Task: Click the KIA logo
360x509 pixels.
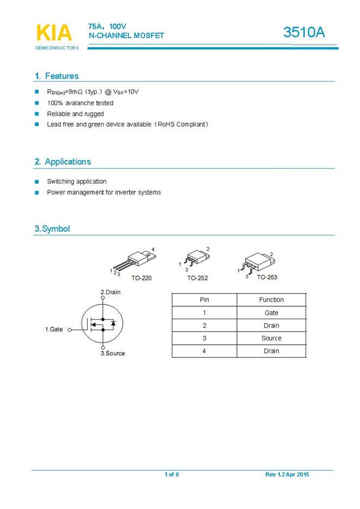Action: click(x=54, y=33)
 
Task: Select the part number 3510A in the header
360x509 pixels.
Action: click(x=304, y=33)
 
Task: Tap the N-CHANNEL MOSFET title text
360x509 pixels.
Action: click(x=126, y=35)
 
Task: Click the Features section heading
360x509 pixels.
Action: click(x=57, y=76)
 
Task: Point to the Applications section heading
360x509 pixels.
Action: click(x=63, y=162)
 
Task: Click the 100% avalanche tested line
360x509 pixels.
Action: click(x=80, y=103)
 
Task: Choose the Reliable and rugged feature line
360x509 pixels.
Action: click(x=75, y=114)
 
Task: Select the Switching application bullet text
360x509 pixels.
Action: click(x=77, y=182)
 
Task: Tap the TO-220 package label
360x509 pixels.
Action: click(x=141, y=278)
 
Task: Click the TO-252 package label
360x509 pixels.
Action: click(x=197, y=278)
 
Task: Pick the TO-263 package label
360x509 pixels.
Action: click(x=267, y=277)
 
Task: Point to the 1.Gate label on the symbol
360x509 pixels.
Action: click(x=54, y=330)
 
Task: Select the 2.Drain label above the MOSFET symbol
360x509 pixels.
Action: click(x=110, y=292)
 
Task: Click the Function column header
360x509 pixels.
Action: click(x=271, y=300)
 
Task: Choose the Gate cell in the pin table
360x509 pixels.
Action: click(x=271, y=313)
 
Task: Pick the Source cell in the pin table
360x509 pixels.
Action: click(x=271, y=338)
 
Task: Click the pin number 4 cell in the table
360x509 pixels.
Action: click(x=204, y=351)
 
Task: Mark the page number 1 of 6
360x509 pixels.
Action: click(x=172, y=475)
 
